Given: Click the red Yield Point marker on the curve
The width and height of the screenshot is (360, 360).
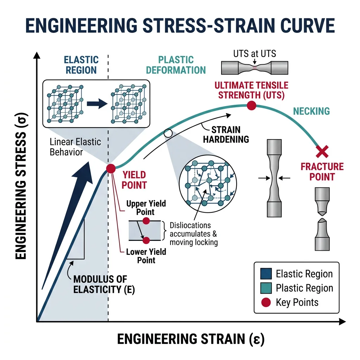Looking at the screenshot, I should pos(111,168).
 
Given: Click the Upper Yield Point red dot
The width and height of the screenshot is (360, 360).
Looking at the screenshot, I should pos(146,221).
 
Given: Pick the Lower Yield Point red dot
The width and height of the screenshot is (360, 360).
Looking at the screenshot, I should pos(146,240).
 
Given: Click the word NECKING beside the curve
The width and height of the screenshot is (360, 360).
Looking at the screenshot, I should pos(311,111).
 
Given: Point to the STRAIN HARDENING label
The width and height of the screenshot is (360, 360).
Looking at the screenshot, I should pos(226,134).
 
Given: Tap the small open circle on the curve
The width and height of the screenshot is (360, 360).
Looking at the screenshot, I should pos(168,133).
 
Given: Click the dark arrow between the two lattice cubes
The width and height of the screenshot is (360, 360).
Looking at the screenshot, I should pos(96,103).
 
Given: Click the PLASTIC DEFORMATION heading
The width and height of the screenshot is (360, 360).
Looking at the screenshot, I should pos(176,65).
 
